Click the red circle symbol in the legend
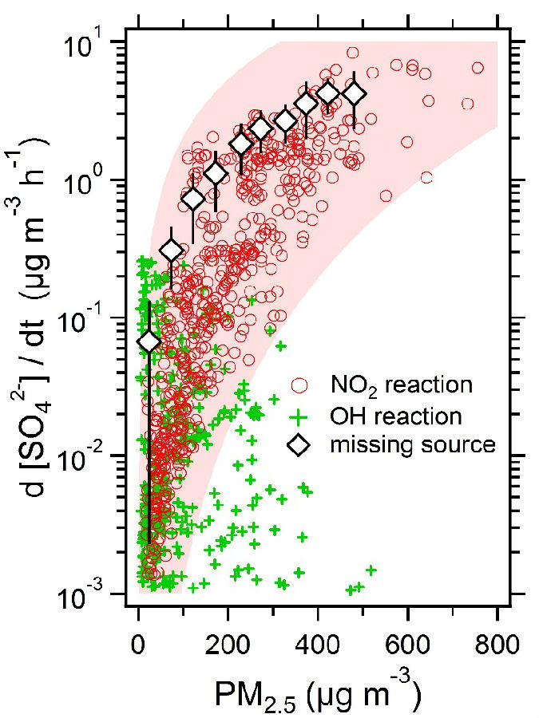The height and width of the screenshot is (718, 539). point(299,385)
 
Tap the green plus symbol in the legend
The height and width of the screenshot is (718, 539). point(299,416)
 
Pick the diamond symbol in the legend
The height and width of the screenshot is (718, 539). point(299,445)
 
